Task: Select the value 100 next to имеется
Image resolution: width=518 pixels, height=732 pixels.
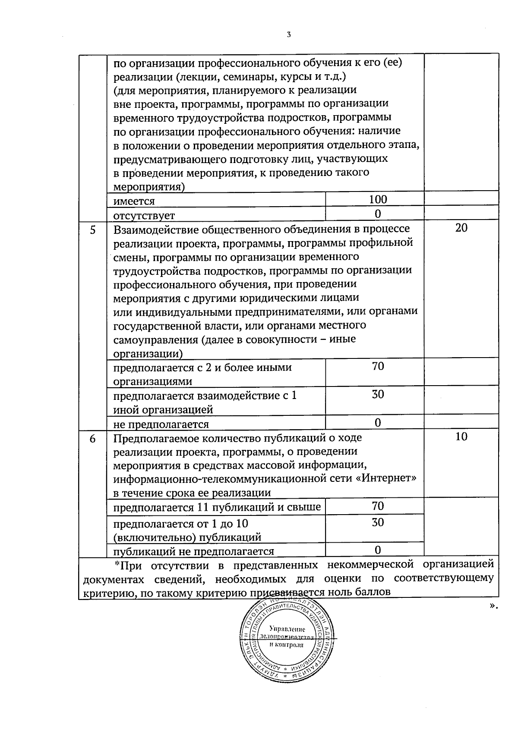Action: [x=378, y=199]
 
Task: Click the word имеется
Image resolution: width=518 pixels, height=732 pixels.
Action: [x=134, y=201]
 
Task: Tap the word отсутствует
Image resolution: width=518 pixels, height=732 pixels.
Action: [x=144, y=215]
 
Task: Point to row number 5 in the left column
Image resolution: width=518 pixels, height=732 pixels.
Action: [x=92, y=229]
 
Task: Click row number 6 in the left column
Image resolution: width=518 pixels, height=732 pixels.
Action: [x=92, y=438]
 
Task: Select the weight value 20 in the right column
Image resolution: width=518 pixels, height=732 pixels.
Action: [x=461, y=228]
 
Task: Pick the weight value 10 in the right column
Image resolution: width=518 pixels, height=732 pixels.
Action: [x=461, y=437]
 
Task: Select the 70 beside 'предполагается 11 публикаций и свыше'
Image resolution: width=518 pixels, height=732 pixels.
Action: [x=378, y=506]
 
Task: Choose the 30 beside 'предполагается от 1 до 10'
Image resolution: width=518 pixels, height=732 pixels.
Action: [x=378, y=522]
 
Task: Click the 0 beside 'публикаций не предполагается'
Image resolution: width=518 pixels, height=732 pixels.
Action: [x=378, y=550]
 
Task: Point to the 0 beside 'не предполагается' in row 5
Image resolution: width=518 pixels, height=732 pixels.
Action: [x=378, y=422]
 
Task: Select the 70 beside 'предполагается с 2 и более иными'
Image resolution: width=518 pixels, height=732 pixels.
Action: [x=378, y=367]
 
